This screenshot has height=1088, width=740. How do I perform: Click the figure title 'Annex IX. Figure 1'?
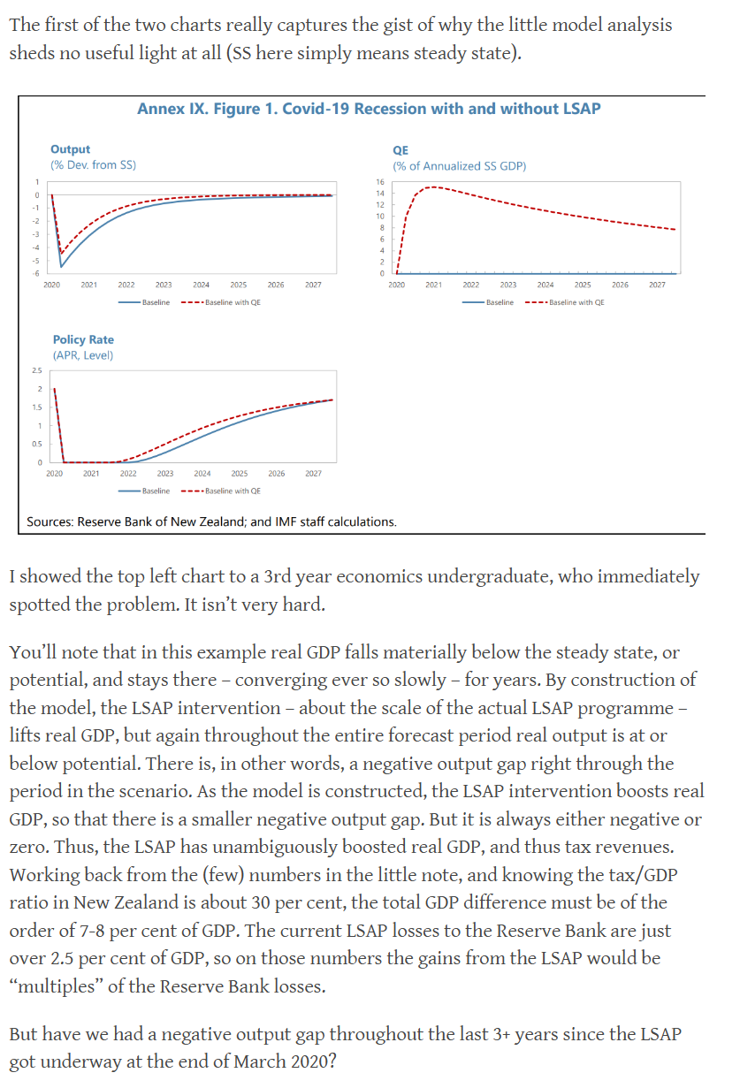pyautogui.click(x=369, y=109)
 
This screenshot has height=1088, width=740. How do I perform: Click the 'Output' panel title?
pyautogui.click(x=70, y=150)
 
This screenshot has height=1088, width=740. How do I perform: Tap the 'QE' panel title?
pyautogui.click(x=400, y=150)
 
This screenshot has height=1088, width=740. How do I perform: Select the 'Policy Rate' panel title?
pyautogui.click(x=83, y=339)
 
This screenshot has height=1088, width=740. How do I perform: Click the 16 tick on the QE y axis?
pyautogui.click(x=379, y=181)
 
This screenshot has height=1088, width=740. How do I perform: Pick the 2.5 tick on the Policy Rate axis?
pyautogui.click(x=36, y=370)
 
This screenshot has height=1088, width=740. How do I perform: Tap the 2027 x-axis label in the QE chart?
pyautogui.click(x=657, y=285)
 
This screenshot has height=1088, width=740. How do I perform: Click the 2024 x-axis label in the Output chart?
pyautogui.click(x=202, y=285)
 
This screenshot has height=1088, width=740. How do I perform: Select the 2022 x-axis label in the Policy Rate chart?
pyautogui.click(x=128, y=474)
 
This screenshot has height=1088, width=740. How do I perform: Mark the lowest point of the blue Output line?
pyautogui.click(x=61, y=266)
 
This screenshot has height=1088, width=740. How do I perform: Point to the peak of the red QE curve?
pyautogui.click(x=431, y=186)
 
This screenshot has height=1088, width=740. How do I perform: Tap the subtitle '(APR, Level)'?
pyautogui.click(x=83, y=355)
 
